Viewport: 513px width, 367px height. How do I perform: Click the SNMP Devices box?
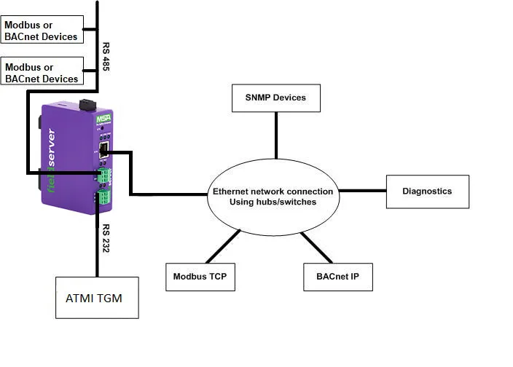point(276,98)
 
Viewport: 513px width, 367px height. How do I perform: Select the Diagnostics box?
point(427,192)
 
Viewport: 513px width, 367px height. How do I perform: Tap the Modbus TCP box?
point(200,277)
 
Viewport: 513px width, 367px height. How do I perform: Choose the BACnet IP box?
point(337,277)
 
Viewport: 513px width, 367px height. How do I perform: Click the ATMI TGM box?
point(97,297)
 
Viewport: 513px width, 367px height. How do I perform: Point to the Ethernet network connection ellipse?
point(273,197)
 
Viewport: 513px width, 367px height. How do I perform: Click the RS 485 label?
point(106,56)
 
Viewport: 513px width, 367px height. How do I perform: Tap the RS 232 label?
point(106,239)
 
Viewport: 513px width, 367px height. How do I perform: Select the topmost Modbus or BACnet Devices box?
point(42,30)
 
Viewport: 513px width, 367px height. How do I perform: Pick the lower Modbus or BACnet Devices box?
point(42,73)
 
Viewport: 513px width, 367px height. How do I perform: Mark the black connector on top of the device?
point(87,105)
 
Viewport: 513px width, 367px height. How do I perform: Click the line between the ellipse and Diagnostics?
point(363,192)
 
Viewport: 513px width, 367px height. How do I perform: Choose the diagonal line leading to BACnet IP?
point(318,248)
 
